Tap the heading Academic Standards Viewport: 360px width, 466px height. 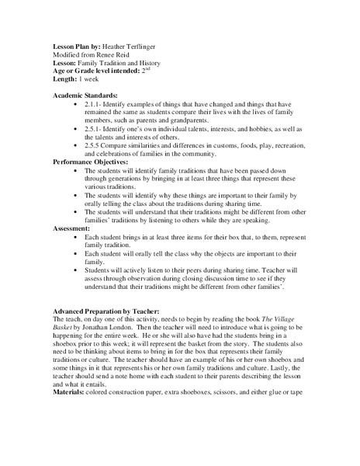pos(85,93)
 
